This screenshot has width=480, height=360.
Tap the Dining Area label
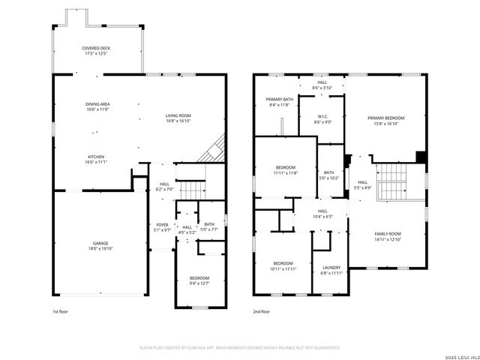tap(97, 103)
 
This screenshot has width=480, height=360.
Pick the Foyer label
tap(162, 224)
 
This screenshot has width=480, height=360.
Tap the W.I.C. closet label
tap(321, 116)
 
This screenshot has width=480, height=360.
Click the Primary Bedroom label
tap(385, 118)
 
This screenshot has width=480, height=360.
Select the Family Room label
tap(388, 234)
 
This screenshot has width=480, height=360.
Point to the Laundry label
tap(331, 268)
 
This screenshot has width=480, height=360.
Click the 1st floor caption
tap(60, 311)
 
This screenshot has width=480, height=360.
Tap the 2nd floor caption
tap(261, 311)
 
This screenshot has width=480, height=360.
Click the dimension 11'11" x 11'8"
tap(285, 172)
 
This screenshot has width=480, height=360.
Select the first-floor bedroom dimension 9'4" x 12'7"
tap(199, 283)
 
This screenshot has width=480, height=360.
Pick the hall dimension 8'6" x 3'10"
tap(322, 88)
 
